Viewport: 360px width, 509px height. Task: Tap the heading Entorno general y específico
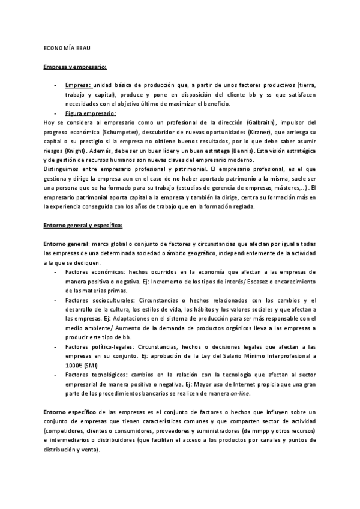click(83, 225)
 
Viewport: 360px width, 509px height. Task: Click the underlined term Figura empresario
click(91, 112)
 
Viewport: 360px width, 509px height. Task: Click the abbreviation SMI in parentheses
click(91, 365)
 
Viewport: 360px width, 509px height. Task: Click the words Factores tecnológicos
click(96, 375)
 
